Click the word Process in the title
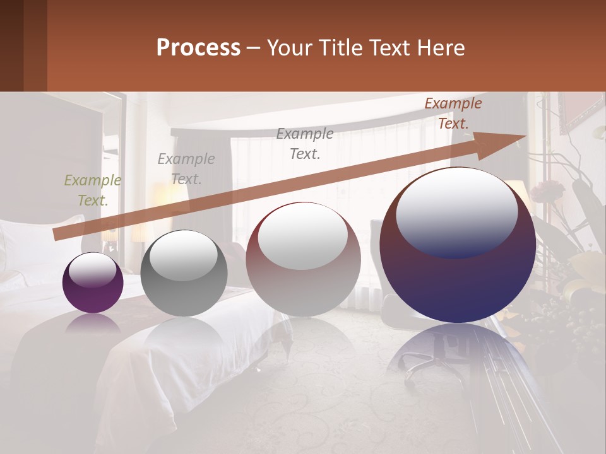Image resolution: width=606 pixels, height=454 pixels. [198, 48]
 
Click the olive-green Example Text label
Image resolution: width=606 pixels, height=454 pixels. [93, 190]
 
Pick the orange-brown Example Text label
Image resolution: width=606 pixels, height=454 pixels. [453, 113]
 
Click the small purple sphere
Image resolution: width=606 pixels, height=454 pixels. [93, 283]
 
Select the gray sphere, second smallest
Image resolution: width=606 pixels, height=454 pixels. [184, 273]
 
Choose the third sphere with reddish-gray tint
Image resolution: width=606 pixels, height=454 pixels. [303, 259]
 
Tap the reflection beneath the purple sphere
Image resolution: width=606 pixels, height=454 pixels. [93, 323]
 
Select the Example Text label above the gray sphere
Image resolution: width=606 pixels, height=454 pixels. [186, 169]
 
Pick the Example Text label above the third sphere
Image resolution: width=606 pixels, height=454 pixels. [305, 144]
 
